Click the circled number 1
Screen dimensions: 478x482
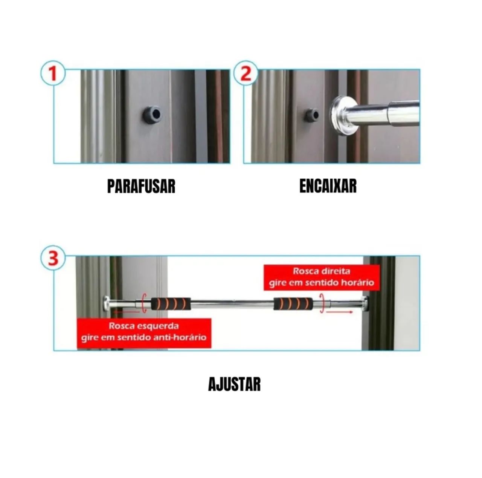[x=53, y=74]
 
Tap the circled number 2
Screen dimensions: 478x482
[x=246, y=74]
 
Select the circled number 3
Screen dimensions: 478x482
[x=53, y=259]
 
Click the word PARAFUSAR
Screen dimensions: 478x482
[x=141, y=186]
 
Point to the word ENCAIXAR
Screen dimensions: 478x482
[x=328, y=186]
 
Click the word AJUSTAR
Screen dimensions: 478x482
[x=234, y=385]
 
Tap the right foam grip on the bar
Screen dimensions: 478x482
[x=293, y=303]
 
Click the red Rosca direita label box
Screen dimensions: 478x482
[x=322, y=277]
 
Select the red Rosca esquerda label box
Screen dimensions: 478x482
[x=144, y=332]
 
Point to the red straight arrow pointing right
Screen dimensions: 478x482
[x=339, y=312]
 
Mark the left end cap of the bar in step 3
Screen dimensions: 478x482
[x=106, y=303]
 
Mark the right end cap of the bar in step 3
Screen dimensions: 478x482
[x=365, y=303]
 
